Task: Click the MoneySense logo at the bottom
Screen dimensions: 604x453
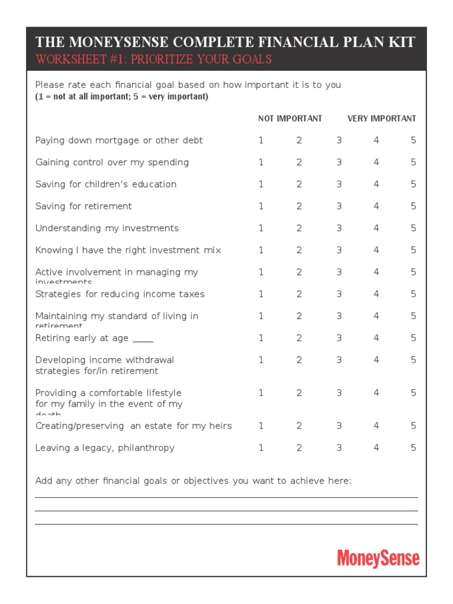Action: coord(378,558)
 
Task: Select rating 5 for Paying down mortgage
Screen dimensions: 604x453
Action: coord(413,140)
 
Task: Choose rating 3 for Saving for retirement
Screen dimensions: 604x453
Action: coord(339,206)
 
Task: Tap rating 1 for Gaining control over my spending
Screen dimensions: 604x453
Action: coord(261,162)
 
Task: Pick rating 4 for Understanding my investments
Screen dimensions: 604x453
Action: coord(376,228)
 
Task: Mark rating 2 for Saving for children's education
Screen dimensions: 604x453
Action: coord(299,184)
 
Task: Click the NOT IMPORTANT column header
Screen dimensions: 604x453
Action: coord(290,119)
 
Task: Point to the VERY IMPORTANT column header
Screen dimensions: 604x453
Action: coord(382,119)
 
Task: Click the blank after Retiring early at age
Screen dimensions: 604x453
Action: coord(143,339)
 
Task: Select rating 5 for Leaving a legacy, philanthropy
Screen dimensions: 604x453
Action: coord(413,448)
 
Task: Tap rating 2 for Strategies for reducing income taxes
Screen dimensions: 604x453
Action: coord(299,294)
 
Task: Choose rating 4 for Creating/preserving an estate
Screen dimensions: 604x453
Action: coord(376,426)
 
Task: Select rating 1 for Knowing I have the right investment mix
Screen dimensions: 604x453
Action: coord(261,250)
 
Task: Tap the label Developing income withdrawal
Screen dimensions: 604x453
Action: coord(104,360)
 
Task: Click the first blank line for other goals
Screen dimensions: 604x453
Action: coord(226,497)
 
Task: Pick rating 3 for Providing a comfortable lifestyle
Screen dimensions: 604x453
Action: coord(339,393)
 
